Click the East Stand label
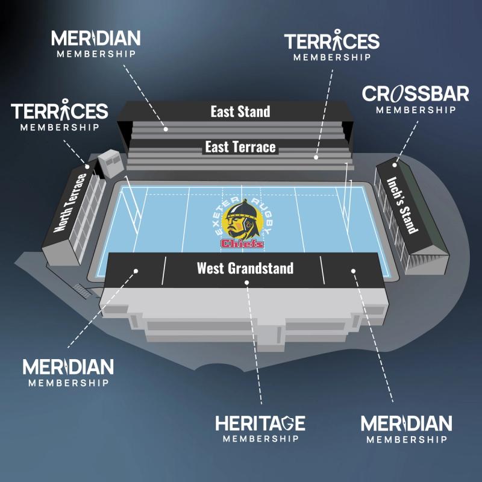click(240, 111)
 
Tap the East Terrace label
click(240, 147)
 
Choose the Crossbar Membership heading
click(415, 99)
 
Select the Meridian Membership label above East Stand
click(96, 44)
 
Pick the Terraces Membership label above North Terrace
click(59, 117)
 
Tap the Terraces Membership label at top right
click(331, 47)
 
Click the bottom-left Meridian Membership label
click(68, 372)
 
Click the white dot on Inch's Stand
click(395, 164)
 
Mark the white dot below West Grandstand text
click(247, 288)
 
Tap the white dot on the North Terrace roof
click(87, 166)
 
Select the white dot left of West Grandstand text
click(137, 271)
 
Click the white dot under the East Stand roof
click(165, 128)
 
